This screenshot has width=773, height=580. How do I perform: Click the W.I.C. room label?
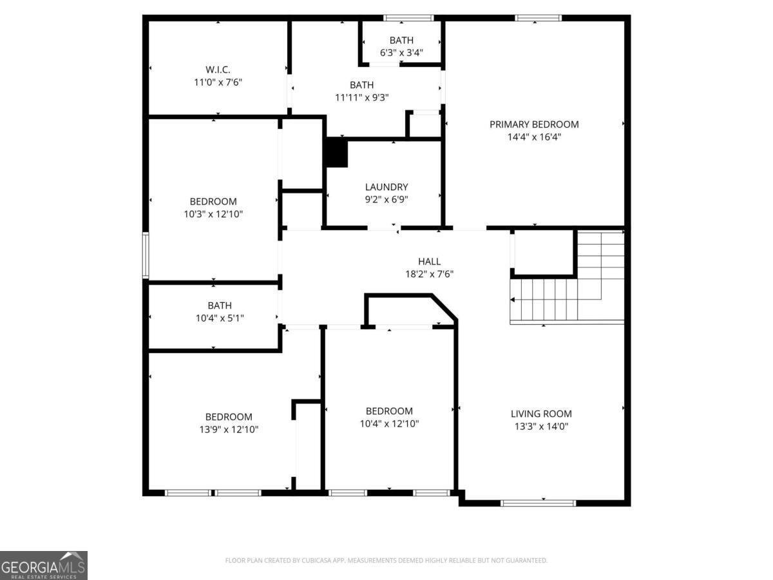coord(218,70)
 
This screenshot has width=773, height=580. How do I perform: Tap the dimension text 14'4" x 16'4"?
coord(534,137)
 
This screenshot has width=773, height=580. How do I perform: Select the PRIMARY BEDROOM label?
coord(534,124)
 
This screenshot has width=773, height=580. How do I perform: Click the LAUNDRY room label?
coord(386,187)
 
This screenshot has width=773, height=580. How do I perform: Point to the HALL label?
coord(429,261)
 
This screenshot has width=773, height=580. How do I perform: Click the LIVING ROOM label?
coord(541,414)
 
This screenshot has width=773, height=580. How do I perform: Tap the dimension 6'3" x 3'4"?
coord(401,53)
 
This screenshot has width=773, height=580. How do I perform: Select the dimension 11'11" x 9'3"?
coord(361,97)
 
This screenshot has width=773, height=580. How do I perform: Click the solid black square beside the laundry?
coord(336,153)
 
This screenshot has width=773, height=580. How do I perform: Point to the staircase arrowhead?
coord(513,300)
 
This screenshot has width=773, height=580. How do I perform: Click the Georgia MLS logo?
coord(43,565)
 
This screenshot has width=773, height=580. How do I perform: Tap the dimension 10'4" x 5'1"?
coord(220,318)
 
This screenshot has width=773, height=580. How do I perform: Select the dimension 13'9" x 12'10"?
coord(229,429)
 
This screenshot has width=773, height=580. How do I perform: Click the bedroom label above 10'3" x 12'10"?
coord(213,202)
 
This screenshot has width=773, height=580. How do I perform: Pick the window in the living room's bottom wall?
coord(539,503)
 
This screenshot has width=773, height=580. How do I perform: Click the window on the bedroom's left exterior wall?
coord(146,256)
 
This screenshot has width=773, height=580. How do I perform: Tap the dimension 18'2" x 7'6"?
coord(429,273)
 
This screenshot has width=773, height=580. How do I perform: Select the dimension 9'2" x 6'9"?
coord(386,199)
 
